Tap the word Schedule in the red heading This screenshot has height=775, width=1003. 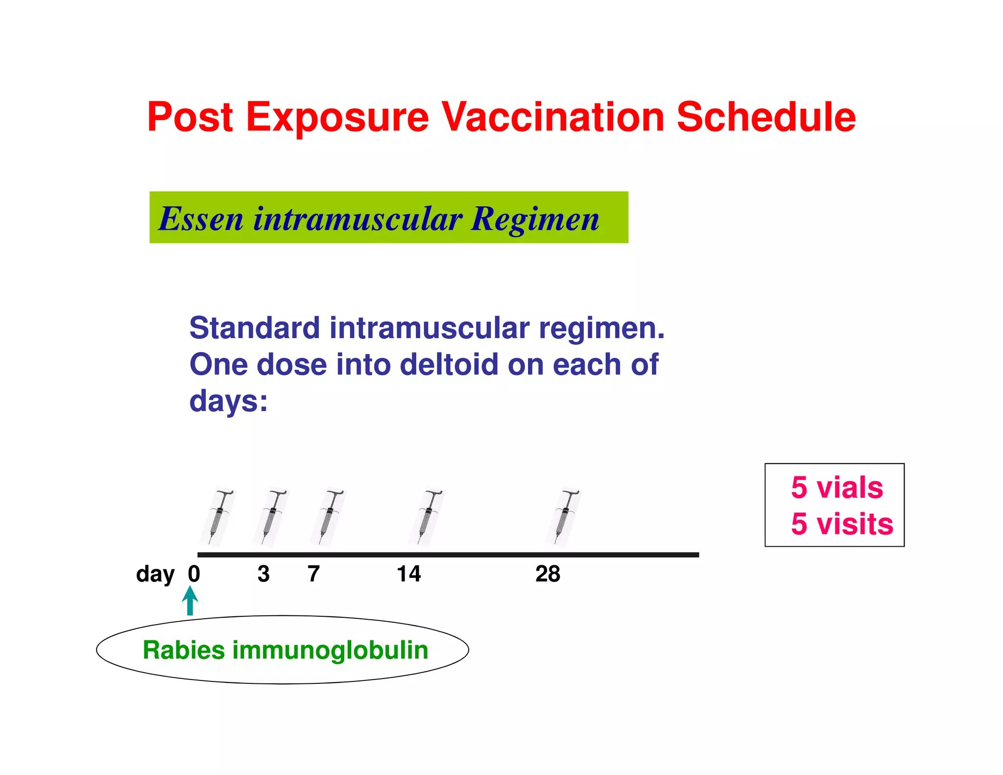766,118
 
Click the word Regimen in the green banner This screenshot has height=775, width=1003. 535,219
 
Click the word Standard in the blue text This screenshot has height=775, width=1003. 254,328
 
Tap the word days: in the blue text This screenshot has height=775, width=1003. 228,402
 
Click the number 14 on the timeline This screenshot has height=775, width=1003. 408,574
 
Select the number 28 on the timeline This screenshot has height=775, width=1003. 548,574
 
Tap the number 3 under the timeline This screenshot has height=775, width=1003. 263,574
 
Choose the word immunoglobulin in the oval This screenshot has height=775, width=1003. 330,650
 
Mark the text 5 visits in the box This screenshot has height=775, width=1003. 842,524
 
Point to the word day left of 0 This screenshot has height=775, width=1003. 155,574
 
